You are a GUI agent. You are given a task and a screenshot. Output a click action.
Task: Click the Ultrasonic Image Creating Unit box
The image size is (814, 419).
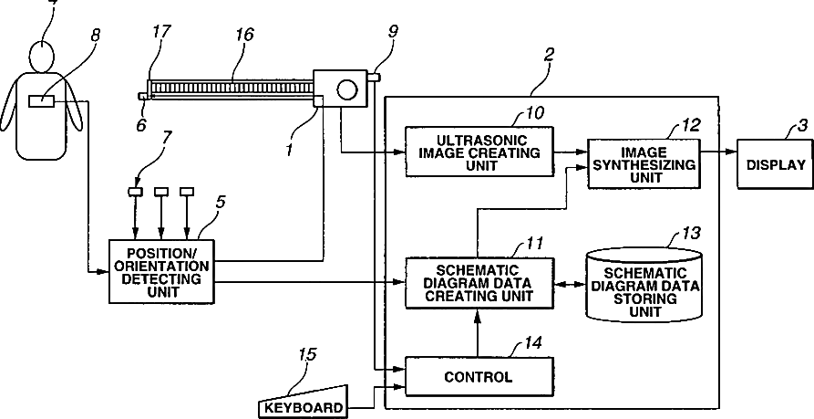coord(479,152)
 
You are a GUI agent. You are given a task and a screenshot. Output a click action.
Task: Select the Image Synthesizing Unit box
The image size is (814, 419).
coord(644,163)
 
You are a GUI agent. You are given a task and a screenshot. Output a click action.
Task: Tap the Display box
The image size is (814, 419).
coord(776,165)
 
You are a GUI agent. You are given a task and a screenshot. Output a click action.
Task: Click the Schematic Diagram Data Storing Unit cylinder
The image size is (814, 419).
coord(644,286)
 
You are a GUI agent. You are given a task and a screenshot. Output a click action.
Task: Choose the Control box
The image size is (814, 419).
coord(479,376)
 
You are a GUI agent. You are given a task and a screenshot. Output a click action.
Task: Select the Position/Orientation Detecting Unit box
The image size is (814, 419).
coord(161,271)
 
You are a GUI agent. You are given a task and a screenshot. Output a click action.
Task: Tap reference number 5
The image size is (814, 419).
coord(220,203)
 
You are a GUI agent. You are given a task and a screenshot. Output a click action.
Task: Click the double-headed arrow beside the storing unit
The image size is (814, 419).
coord(570,285)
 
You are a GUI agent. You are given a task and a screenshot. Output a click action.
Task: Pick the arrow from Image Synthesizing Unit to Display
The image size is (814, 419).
coord(719,152)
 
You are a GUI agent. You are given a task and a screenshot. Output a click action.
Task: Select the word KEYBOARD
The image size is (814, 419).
coord(304,407)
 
